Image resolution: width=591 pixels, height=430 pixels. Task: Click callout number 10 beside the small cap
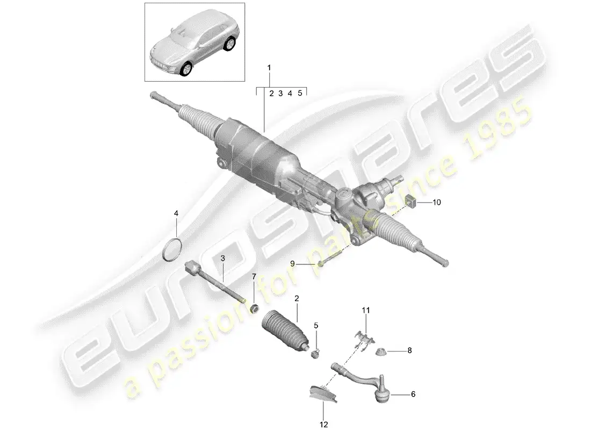(x=436, y=203)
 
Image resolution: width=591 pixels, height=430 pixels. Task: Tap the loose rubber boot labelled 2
(x=284, y=328)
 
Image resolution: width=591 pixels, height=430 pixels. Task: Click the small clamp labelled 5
(x=316, y=353)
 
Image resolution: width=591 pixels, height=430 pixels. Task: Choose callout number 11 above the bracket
(x=366, y=310)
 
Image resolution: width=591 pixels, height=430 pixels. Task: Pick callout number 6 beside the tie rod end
(x=413, y=394)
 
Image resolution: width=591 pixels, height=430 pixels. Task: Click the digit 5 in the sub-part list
(x=300, y=93)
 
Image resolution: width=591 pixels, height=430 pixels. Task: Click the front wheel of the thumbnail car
(x=185, y=68)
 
